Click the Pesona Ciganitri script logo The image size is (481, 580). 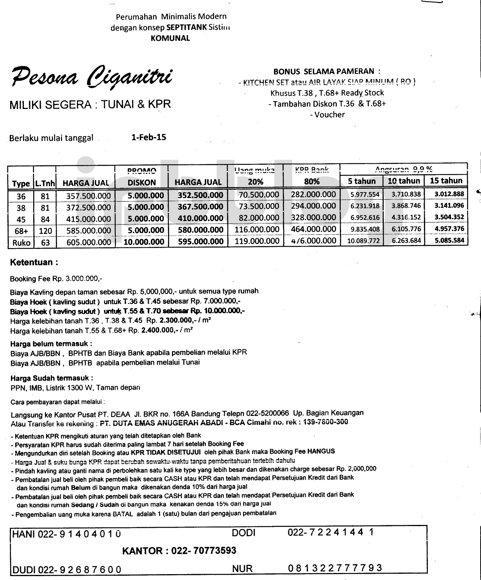91,77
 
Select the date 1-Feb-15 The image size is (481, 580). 149,137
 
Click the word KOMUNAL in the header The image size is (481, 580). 170,38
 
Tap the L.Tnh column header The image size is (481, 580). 45,183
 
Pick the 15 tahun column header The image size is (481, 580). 446,181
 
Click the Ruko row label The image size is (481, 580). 21,243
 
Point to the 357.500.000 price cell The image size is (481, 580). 89,196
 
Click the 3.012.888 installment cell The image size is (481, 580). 449,194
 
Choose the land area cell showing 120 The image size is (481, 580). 45,231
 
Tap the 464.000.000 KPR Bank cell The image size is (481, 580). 313,229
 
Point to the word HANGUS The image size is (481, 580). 321,451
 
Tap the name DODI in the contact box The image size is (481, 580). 243,533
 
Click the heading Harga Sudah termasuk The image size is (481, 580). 52,378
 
